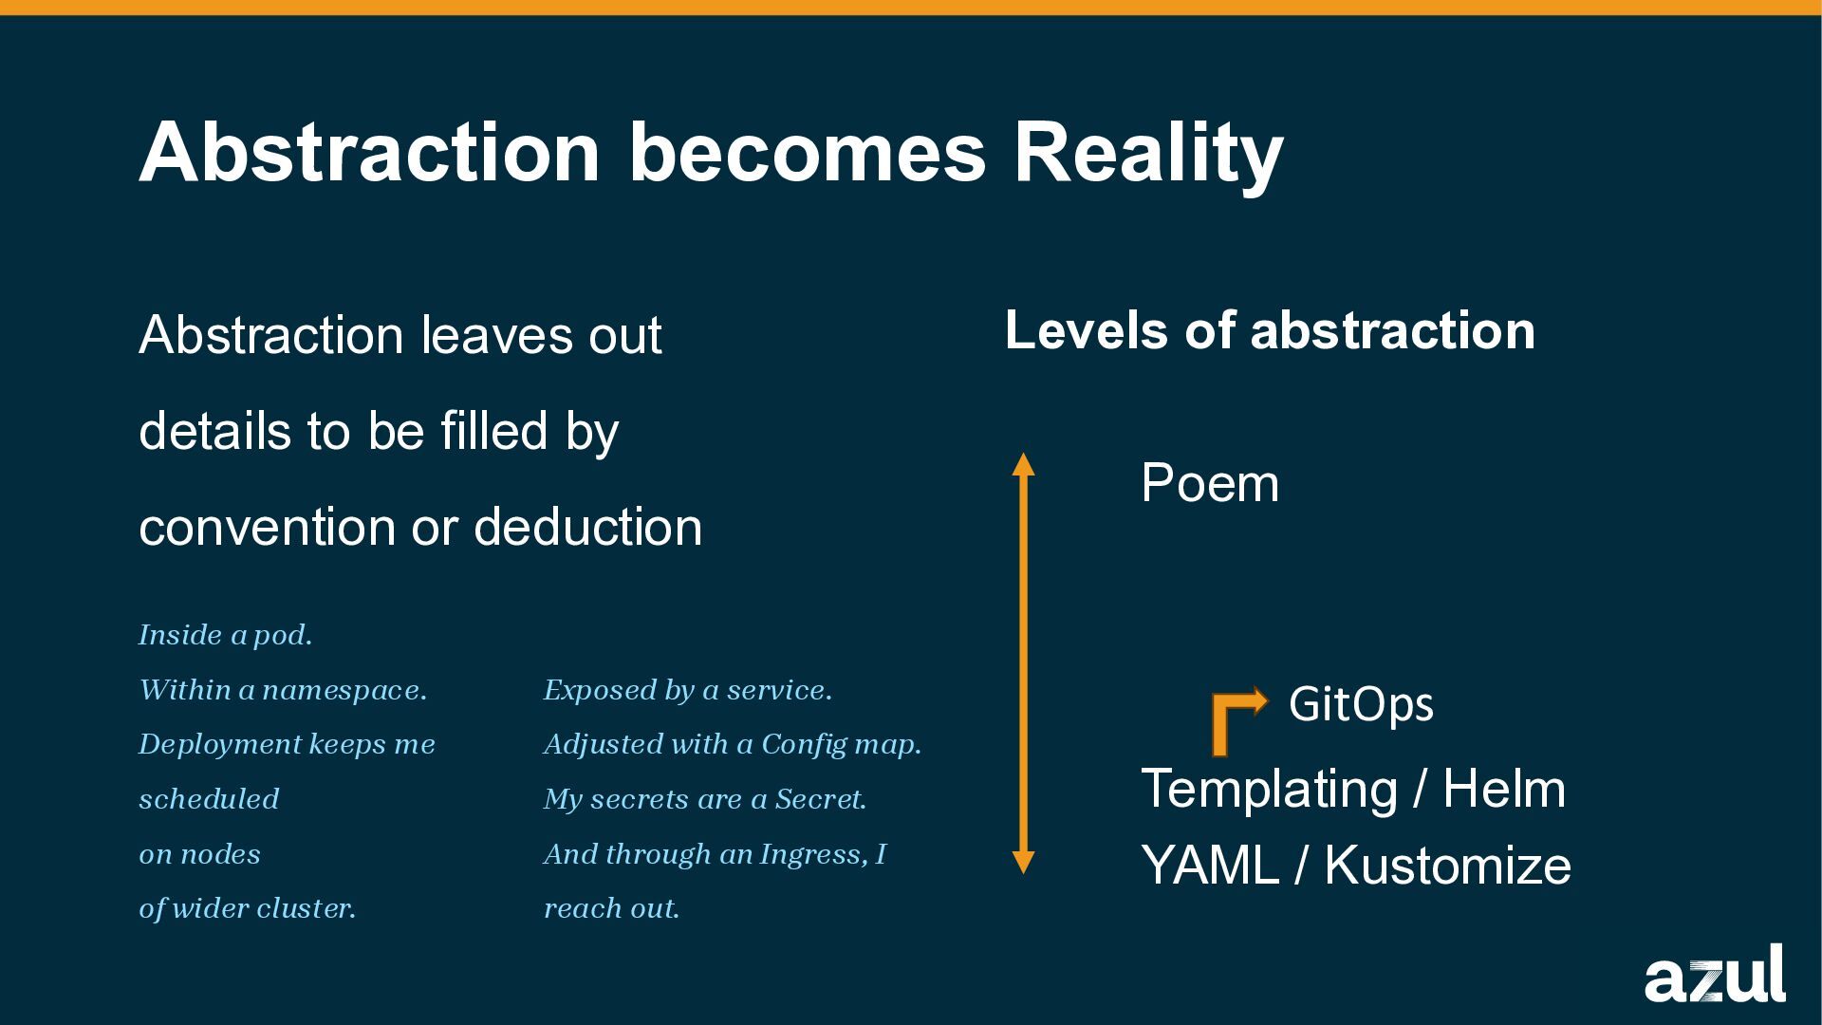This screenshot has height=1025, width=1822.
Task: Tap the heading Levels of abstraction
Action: click(1270, 330)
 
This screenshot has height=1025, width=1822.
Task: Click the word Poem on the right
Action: click(1210, 483)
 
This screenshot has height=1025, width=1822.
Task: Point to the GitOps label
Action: click(1361, 704)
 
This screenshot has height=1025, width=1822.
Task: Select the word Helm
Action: click(1504, 789)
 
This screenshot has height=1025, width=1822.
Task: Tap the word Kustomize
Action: click(1447, 866)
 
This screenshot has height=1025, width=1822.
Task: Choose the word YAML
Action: click(1210, 866)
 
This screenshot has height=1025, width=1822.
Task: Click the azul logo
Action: click(1714, 975)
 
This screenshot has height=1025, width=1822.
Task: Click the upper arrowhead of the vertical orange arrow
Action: click(1023, 464)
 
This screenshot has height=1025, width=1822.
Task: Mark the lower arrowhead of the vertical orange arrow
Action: click(1023, 862)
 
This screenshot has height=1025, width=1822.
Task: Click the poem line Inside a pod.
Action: click(226, 635)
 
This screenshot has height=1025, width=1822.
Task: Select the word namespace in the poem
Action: click(344, 690)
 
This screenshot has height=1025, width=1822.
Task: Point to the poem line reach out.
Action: click(611, 908)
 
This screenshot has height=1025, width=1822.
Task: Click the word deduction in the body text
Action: click(588, 527)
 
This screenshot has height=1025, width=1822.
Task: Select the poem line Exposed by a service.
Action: click(687, 690)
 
